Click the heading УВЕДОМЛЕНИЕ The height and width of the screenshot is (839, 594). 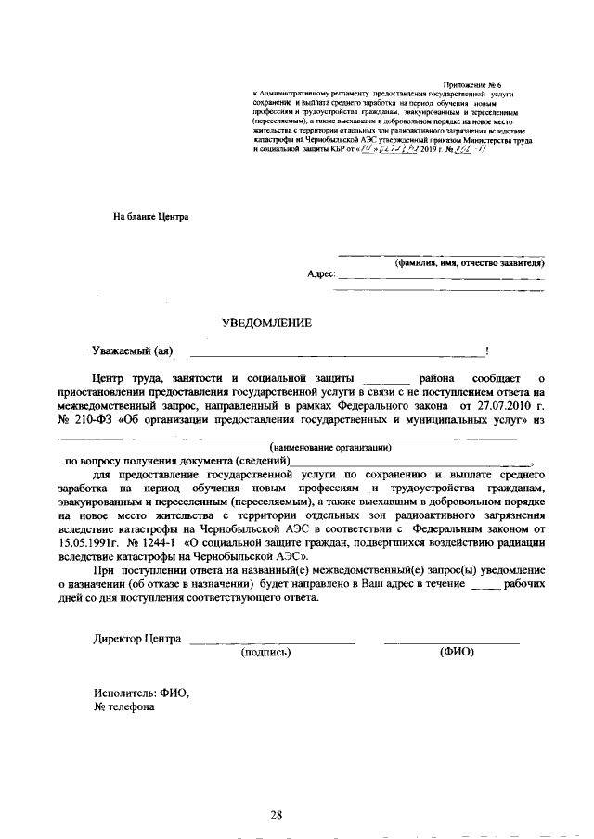(x=266, y=324)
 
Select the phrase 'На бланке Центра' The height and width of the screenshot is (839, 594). (x=150, y=217)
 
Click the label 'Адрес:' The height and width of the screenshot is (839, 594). (x=320, y=275)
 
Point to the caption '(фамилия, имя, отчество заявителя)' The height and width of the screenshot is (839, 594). (x=468, y=262)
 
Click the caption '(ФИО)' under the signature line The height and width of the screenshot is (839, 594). (x=456, y=652)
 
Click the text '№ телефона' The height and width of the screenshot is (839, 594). (x=123, y=706)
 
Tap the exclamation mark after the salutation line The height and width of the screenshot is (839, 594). (x=487, y=351)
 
